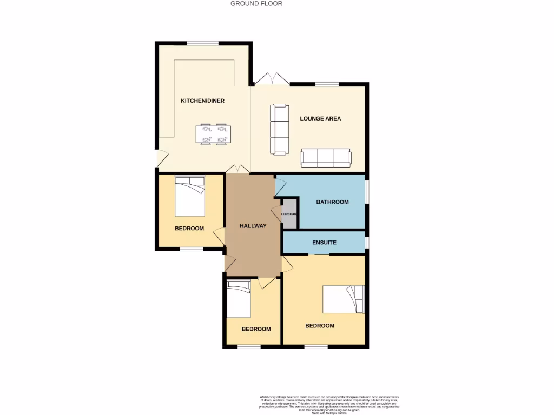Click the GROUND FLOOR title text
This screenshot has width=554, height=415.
256,4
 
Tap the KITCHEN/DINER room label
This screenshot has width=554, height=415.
202,101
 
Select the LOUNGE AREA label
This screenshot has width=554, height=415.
320,118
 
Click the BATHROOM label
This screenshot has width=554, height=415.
332,202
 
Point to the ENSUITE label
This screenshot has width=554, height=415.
324,243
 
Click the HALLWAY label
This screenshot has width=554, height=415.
253,226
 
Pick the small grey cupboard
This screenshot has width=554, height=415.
289,213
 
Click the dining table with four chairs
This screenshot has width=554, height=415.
213,135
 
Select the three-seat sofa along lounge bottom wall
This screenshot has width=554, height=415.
326,157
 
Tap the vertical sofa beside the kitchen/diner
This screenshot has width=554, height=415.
280,129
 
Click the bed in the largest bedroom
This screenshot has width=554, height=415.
344,299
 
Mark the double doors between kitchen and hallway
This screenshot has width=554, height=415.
238,169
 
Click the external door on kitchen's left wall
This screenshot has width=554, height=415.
157,157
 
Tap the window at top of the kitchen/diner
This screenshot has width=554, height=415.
203,43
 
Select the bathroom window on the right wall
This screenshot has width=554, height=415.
367,192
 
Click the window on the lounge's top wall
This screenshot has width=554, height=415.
327,84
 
